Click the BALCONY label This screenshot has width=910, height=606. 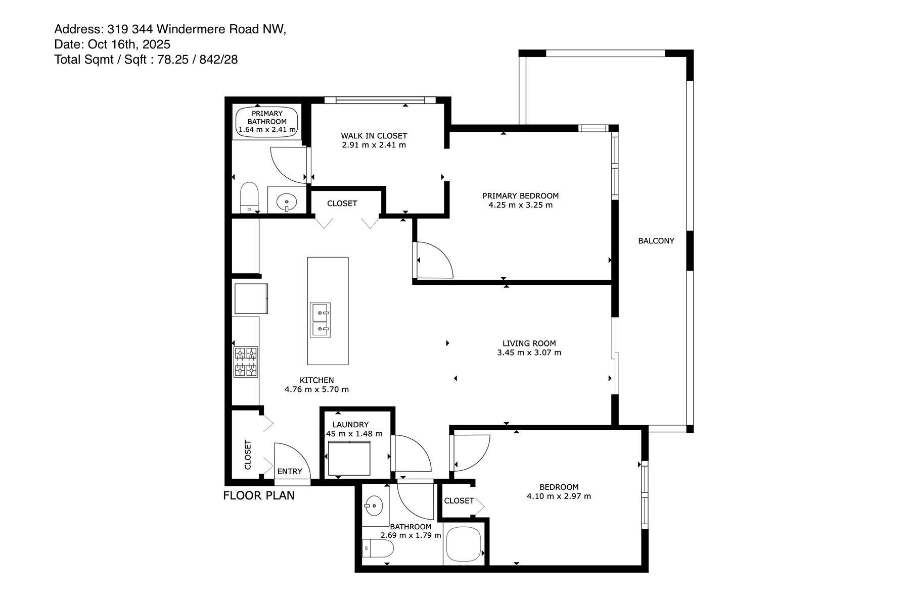[656, 241]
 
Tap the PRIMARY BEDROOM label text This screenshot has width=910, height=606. [520, 196]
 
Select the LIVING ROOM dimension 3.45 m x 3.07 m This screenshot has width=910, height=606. [529, 352]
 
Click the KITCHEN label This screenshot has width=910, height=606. [316, 380]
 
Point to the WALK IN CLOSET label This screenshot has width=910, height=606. [374, 136]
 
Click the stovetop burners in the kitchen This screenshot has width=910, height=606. [246, 362]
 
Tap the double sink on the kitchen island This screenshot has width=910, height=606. [320, 320]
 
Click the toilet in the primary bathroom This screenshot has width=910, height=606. [249, 198]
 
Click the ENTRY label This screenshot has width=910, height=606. [290, 471]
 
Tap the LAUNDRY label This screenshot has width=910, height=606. [350, 425]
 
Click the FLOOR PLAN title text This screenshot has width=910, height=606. [259, 495]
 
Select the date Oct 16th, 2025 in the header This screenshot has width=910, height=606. [129, 44]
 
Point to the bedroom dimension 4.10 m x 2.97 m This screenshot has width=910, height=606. [559, 496]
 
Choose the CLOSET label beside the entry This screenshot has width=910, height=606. [248, 454]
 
